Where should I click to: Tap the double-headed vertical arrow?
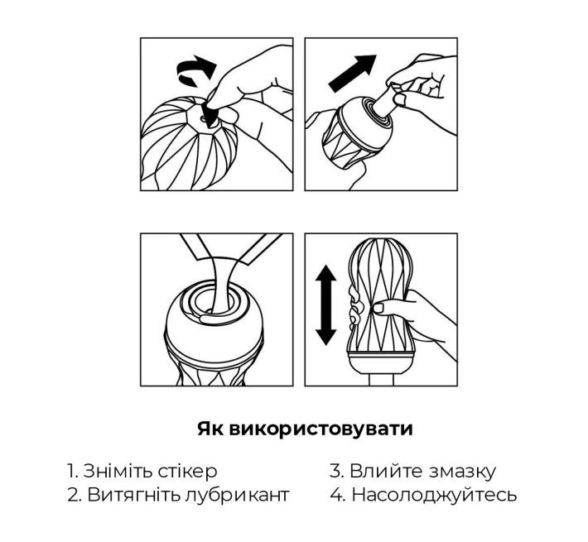coord(325,305)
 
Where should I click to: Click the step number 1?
coord(71,472)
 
